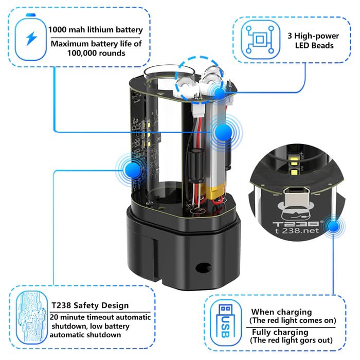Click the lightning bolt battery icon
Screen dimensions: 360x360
[x=31, y=37]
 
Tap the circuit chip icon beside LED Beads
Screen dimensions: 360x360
[x=260, y=40]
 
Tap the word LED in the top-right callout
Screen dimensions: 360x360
[x=302, y=45]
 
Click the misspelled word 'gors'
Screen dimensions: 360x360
[x=302, y=340]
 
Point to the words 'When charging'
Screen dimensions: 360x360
[x=281, y=312]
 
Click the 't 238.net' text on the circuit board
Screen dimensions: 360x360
[x=297, y=230]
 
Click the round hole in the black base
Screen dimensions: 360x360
[x=203, y=267]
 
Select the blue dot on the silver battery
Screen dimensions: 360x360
[x=223, y=133]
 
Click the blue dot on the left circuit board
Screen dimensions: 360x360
[x=133, y=170]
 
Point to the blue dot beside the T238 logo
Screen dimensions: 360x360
[x=333, y=227]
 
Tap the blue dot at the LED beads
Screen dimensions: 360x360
[x=220, y=93]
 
